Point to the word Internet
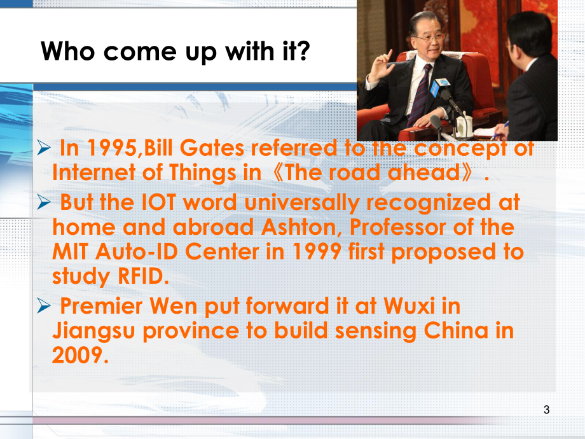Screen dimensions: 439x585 tap(91, 172)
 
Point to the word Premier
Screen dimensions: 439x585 tap(100, 306)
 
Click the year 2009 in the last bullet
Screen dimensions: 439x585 tap(76, 354)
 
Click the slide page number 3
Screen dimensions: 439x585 tap(546, 410)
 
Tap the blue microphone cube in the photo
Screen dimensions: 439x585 tap(436, 89)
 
